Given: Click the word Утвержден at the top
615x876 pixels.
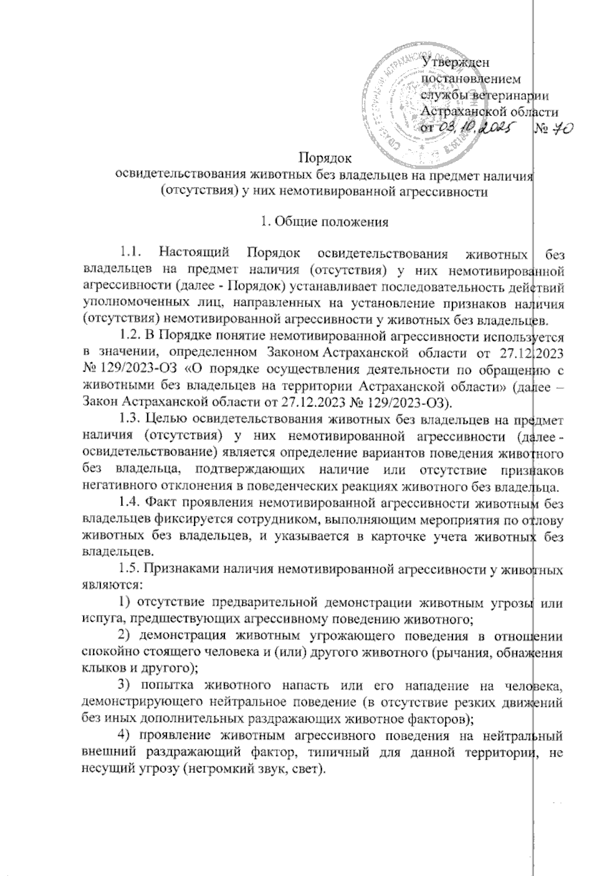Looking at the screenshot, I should (x=455, y=63).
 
